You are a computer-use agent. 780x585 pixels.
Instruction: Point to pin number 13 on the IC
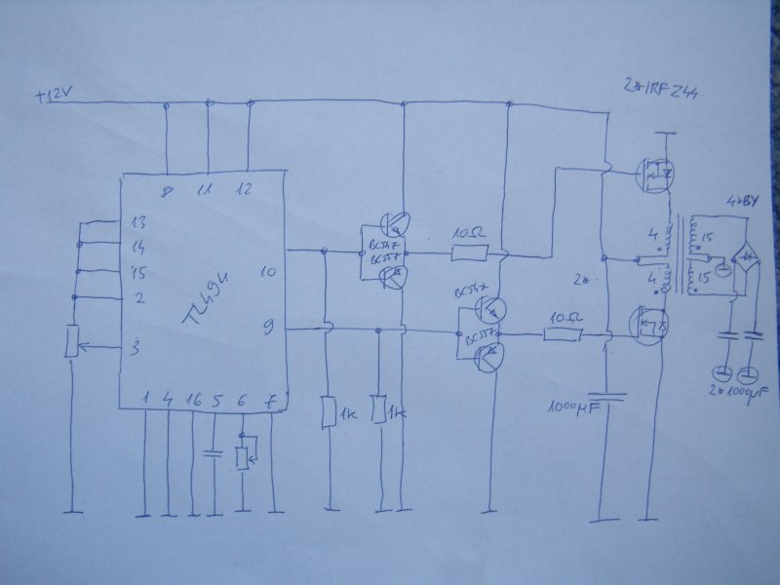pyautogui.click(x=138, y=222)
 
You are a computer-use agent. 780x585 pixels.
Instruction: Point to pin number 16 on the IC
pyautogui.click(x=193, y=399)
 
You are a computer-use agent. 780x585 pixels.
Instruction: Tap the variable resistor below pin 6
pyautogui.click(x=243, y=457)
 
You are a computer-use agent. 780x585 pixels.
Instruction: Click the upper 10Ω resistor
pyautogui.click(x=470, y=254)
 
